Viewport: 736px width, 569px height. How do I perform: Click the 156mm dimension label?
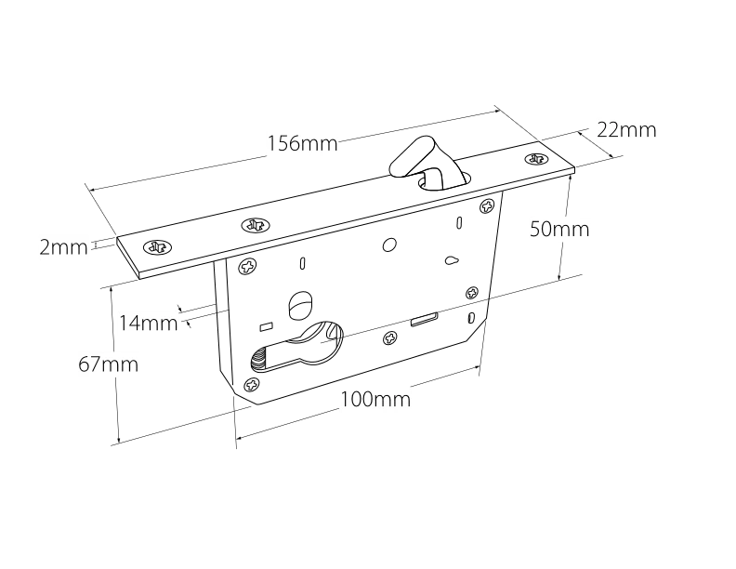pyautogui.click(x=303, y=144)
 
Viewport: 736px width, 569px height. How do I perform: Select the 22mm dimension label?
pyautogui.click(x=627, y=130)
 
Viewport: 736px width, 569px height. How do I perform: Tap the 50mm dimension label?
pyautogui.click(x=560, y=230)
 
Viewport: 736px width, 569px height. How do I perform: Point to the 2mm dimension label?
pyautogui.click(x=63, y=247)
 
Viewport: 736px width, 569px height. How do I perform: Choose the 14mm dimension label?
pyautogui.click(x=149, y=324)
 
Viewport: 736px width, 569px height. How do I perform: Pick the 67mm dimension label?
pyautogui.click(x=108, y=364)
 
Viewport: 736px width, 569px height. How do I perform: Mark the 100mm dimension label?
pyautogui.click(x=375, y=401)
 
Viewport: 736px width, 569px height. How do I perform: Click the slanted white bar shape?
pyautogui.click(x=423, y=320)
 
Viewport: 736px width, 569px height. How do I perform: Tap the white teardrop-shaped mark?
pyautogui.click(x=451, y=261)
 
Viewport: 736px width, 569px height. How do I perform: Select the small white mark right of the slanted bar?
pyautogui.click(x=471, y=319)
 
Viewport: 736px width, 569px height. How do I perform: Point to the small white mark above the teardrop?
pyautogui.click(x=458, y=222)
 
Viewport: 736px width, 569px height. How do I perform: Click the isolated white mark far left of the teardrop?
pyautogui.click(x=301, y=264)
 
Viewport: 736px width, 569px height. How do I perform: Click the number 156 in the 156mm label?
pyautogui.click(x=283, y=144)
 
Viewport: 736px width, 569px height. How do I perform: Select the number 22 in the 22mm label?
pyautogui.click(x=609, y=130)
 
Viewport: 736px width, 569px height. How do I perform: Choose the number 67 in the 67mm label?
pyautogui.click(x=89, y=364)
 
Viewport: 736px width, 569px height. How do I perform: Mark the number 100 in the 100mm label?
pyautogui.click(x=357, y=401)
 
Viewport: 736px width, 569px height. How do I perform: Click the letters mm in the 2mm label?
pyautogui.click(x=70, y=247)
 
